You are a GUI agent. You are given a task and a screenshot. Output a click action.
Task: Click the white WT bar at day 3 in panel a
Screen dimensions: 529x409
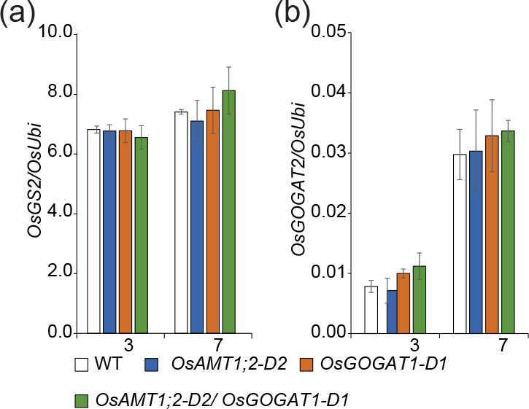[x=94, y=231]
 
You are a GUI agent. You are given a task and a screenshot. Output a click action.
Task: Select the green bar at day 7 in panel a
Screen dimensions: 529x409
[x=229, y=212]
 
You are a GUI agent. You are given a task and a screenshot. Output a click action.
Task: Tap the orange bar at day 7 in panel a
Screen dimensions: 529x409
[x=213, y=222]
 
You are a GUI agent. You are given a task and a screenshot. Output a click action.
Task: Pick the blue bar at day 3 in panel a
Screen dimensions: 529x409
[x=109, y=232]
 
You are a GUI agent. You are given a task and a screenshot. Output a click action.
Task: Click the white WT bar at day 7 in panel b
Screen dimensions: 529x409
[x=460, y=244]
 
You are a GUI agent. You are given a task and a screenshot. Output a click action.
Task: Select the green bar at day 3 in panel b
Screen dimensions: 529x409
[x=420, y=300]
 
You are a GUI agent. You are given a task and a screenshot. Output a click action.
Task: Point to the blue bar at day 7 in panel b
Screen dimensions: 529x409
[x=476, y=242]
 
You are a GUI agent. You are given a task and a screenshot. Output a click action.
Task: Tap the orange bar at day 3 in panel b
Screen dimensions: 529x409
[x=403, y=303]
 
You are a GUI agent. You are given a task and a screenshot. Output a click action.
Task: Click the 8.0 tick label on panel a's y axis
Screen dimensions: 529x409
[x=60, y=93]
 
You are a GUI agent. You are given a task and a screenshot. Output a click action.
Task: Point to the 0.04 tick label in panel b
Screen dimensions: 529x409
[x=330, y=92]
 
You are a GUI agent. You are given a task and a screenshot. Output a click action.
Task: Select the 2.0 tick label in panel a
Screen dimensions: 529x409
[x=60, y=273]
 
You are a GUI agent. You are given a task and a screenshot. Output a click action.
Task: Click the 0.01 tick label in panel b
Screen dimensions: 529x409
[x=330, y=273]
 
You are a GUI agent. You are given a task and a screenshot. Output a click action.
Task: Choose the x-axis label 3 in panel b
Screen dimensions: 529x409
[x=415, y=346]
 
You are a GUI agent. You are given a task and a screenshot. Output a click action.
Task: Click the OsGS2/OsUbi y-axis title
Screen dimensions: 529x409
[x=34, y=180]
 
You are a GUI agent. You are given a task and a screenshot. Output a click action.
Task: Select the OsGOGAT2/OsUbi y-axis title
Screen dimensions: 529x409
[x=298, y=179]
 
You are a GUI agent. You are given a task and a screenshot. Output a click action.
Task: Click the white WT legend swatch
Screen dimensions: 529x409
[x=81, y=365]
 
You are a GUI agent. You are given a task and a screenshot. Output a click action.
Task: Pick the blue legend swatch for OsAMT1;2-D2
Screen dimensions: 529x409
[x=152, y=365]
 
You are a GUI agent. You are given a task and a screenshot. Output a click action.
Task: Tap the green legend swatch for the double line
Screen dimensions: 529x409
[x=81, y=401]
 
